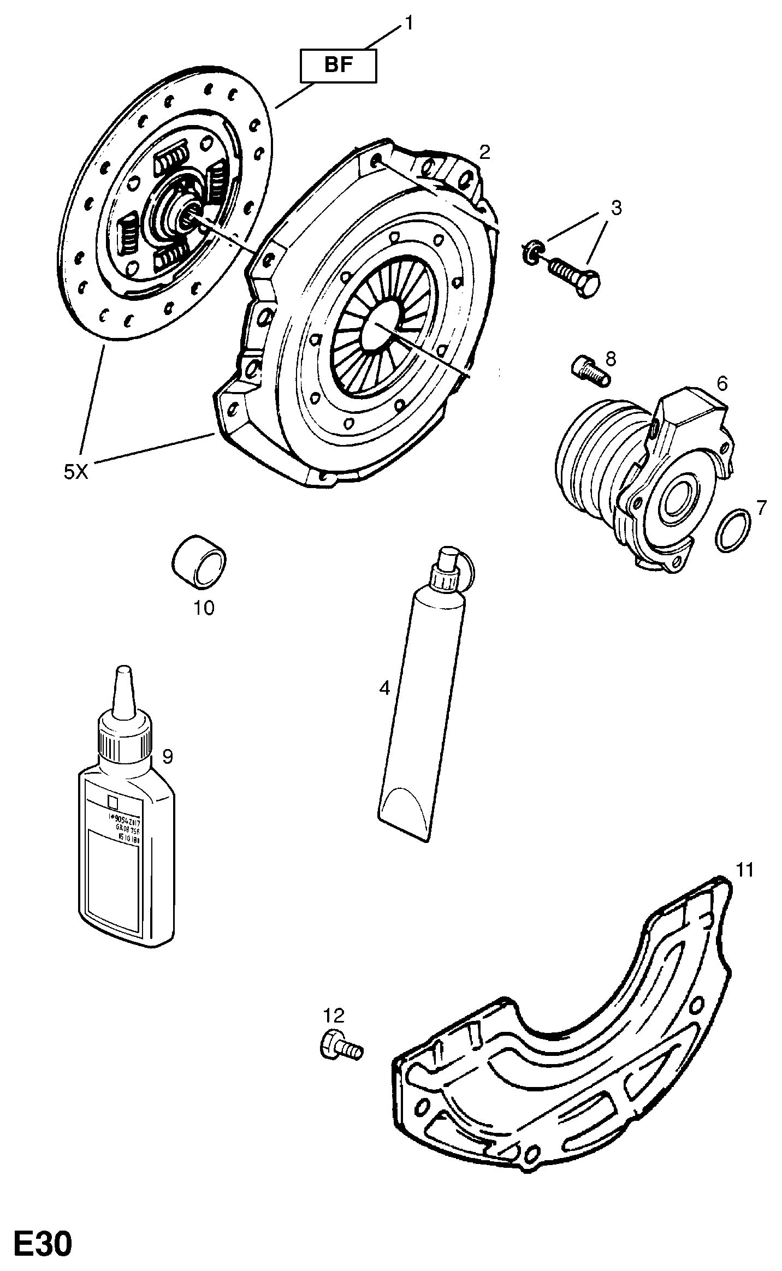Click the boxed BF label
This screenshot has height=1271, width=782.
[x=339, y=66]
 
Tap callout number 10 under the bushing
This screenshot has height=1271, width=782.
[x=204, y=608]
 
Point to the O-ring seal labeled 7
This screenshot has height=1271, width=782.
[x=732, y=530]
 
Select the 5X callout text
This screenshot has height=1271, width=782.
[x=75, y=472]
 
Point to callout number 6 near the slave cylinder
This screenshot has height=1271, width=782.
[x=722, y=384]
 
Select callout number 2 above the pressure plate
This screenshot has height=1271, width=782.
[x=485, y=152]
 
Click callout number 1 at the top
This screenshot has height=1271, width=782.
[x=408, y=23]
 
